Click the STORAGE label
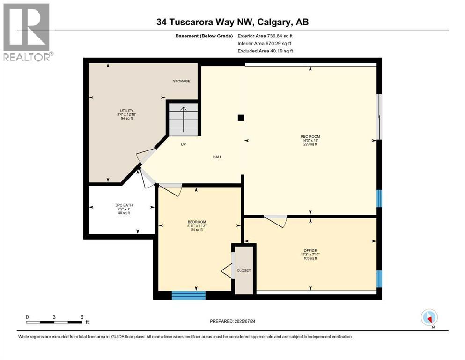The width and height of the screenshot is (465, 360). (x=181, y=81)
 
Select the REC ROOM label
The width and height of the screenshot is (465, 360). (x=310, y=137)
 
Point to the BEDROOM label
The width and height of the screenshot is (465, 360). (x=196, y=222)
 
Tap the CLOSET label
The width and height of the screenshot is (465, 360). (x=244, y=270)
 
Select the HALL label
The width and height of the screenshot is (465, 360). (x=217, y=157)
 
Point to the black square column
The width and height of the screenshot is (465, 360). (x=241, y=118)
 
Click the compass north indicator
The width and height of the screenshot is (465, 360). (x=429, y=318)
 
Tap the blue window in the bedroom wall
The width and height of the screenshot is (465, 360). (x=189, y=295)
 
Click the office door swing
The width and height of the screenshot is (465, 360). (x=276, y=221)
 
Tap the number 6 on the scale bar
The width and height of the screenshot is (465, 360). (x=81, y=317)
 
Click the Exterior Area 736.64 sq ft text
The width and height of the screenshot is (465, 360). (x=266, y=36)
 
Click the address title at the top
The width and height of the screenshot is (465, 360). (x=233, y=22)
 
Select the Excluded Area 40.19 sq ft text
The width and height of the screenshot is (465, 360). (x=265, y=51)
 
